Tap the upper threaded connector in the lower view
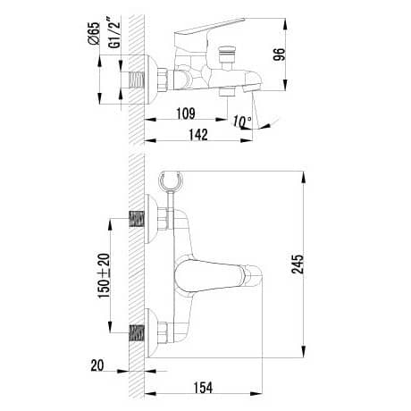(x=137, y=218)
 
